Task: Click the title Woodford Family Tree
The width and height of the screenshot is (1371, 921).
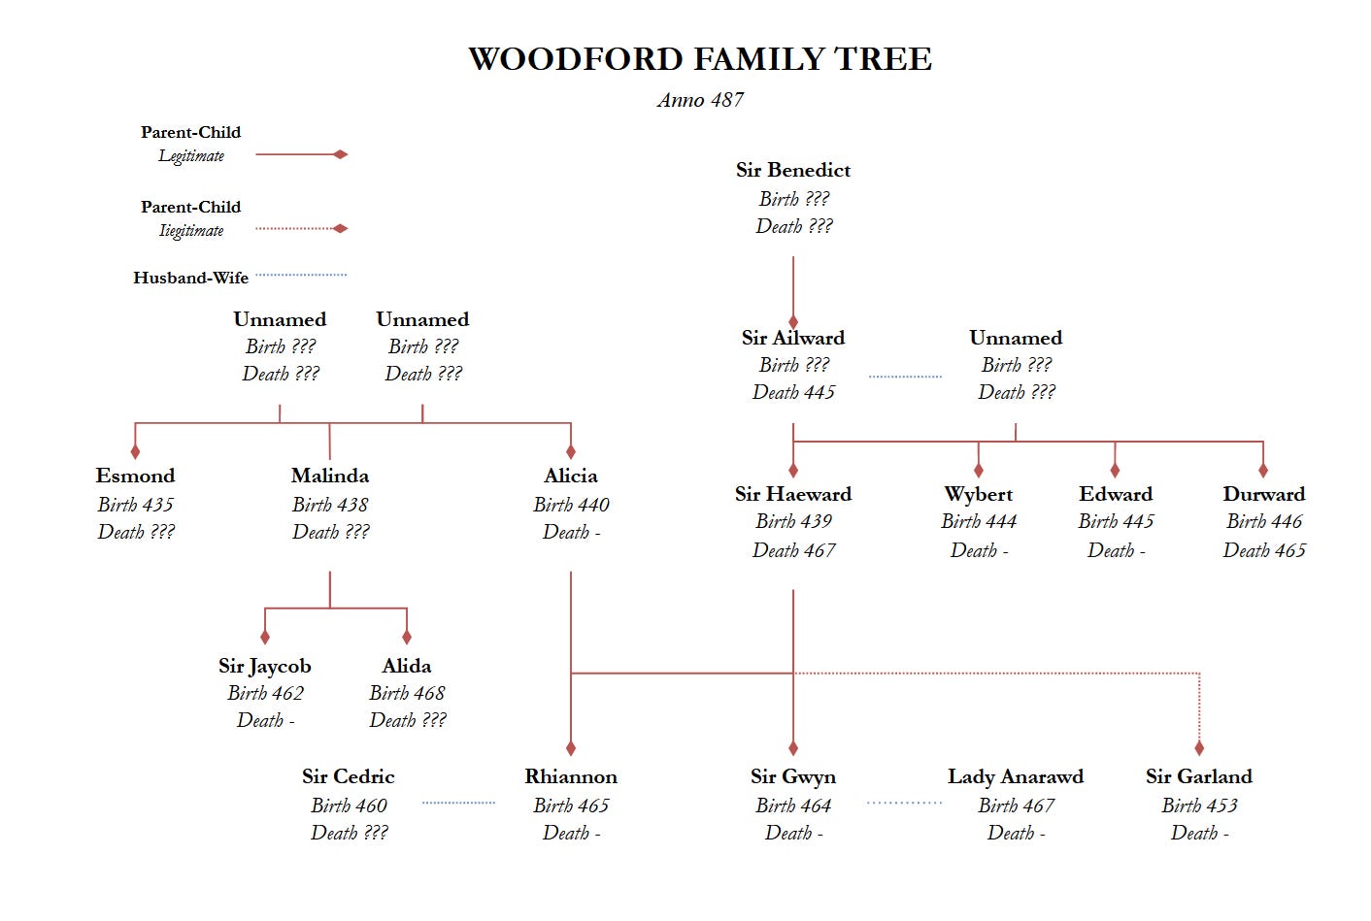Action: tap(699, 59)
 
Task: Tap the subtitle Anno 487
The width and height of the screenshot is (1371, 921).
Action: tap(699, 100)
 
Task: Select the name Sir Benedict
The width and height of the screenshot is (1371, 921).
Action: tap(792, 170)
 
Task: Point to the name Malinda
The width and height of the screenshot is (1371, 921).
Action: tap(330, 476)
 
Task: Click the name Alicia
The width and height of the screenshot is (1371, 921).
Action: tap(571, 476)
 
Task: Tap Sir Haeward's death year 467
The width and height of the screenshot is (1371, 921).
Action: tap(819, 550)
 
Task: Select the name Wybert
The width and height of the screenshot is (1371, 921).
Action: tap(978, 494)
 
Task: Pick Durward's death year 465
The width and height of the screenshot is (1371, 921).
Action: tap(1289, 550)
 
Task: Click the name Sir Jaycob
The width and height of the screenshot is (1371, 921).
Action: tap(265, 666)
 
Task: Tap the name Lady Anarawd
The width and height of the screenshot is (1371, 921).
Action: tap(1016, 776)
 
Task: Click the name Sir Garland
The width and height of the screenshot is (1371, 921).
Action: tap(1199, 776)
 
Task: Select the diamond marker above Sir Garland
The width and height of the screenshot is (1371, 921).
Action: tap(1199, 748)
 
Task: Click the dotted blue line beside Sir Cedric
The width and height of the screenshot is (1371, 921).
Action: tap(458, 803)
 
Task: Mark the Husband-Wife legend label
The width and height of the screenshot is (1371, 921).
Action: tap(190, 278)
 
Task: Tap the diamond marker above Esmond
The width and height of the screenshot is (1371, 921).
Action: tap(135, 451)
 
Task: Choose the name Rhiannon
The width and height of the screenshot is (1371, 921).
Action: tap(571, 776)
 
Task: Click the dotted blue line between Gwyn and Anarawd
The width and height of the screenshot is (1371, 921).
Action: tap(904, 803)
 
